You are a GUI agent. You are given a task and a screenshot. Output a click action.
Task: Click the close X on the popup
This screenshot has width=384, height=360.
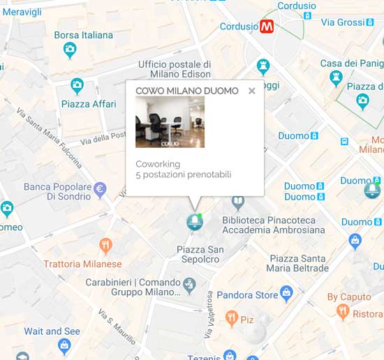point(251,91)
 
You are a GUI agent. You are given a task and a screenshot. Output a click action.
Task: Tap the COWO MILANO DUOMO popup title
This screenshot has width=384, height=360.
point(186,91)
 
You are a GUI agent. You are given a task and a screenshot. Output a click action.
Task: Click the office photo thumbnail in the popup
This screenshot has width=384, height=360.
point(170,122)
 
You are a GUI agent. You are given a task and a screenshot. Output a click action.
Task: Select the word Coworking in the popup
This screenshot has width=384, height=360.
point(158,164)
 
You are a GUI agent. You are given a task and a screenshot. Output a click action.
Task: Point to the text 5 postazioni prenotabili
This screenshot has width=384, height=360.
point(183,174)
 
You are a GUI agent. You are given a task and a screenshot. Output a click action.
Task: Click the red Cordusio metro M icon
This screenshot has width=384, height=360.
point(267,28)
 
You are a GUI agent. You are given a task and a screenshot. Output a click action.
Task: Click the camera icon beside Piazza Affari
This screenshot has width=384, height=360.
point(77,87)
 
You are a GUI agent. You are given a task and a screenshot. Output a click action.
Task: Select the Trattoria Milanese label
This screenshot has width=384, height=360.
point(82,264)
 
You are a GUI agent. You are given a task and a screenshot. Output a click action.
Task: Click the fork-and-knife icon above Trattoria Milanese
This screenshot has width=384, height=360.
point(105,245)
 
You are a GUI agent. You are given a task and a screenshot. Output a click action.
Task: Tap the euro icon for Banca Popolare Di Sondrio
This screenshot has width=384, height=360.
point(101,188)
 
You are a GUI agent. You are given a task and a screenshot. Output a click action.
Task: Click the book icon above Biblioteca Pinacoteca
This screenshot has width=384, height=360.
point(238,202)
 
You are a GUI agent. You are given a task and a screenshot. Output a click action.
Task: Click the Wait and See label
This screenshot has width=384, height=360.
point(52,331)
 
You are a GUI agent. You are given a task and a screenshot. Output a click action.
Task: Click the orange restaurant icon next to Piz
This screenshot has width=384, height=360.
point(232,320)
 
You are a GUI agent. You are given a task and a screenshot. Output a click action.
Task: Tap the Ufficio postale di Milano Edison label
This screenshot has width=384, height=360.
point(175,69)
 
